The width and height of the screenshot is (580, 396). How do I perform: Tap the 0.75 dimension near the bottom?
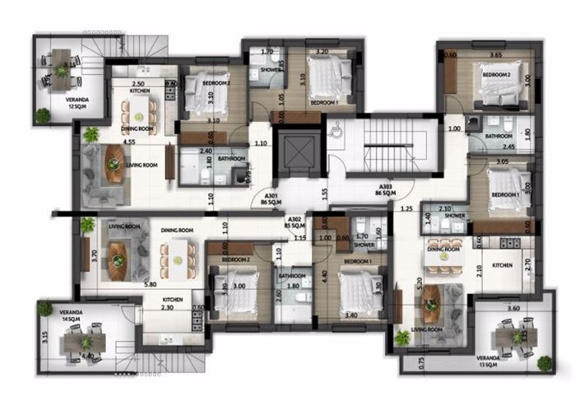click(x=399, y=360)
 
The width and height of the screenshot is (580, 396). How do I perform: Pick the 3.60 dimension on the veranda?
click(x=513, y=308)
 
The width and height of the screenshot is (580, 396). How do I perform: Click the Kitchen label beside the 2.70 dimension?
click(x=503, y=265)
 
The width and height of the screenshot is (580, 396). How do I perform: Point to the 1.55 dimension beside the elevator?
click(x=326, y=193)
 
